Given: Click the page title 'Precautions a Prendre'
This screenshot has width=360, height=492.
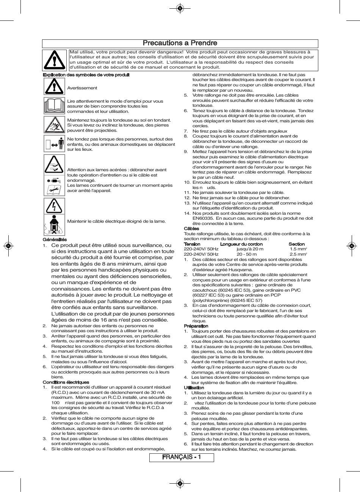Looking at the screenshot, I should (x=180, y=43).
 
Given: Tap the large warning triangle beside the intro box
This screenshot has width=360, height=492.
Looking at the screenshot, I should (x=55, y=60).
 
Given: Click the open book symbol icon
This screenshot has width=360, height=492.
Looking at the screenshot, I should (x=54, y=106).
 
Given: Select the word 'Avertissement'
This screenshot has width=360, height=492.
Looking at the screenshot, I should (x=82, y=88).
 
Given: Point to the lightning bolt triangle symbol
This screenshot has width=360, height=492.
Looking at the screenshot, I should (x=54, y=206).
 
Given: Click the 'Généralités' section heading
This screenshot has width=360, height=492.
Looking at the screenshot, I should (x=55, y=239).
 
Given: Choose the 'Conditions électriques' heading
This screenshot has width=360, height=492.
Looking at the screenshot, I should (x=66, y=382).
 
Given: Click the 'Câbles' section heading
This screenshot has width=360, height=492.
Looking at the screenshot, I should (x=191, y=229).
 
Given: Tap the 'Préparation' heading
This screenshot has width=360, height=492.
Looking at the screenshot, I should (x=196, y=326).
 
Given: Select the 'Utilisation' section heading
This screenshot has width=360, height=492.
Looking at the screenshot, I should (x=194, y=388).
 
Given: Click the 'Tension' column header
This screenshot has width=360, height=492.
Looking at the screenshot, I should (x=192, y=244).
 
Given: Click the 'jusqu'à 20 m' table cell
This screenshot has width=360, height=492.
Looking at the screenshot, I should (x=250, y=249).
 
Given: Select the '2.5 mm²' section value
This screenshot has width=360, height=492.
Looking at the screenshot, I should (x=298, y=255).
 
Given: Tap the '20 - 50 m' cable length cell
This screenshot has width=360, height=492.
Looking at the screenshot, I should (x=249, y=255).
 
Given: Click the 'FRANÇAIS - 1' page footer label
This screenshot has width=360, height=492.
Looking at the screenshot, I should (x=182, y=457).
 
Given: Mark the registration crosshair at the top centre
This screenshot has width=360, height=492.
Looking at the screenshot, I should (x=180, y=8).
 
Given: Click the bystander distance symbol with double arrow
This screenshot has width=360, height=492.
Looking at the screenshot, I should (x=54, y=145).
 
